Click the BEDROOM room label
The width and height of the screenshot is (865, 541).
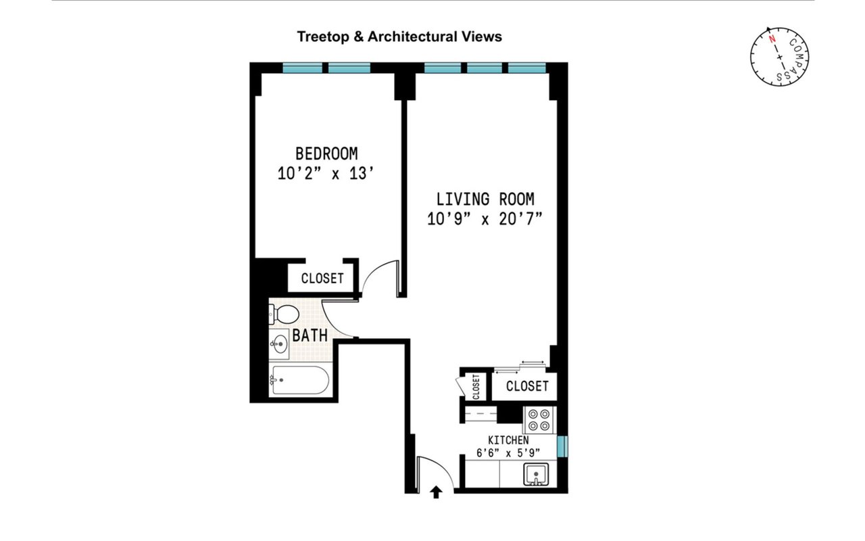click(326, 154)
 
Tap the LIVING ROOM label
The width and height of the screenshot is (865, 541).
click(485, 199)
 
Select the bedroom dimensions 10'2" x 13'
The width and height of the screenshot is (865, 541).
click(326, 174)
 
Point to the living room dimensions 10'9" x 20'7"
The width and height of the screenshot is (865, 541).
click(485, 219)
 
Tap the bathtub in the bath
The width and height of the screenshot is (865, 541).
click(299, 380)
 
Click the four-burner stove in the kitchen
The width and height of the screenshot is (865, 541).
click(539, 420)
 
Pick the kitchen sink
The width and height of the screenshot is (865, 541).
click(536, 474)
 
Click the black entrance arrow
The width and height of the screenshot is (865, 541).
click(436, 492)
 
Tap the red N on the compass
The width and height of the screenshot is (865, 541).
click(772, 39)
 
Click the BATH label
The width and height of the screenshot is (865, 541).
click(310, 335)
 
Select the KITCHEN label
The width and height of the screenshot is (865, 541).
click(508, 440)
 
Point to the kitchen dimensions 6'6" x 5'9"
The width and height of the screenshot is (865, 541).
click(508, 452)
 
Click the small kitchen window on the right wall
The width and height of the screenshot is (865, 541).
click(563, 446)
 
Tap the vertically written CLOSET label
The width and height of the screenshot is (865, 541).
click(476, 386)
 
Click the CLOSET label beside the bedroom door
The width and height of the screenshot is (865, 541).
click(322, 278)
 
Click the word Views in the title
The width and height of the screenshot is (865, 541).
click(482, 37)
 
